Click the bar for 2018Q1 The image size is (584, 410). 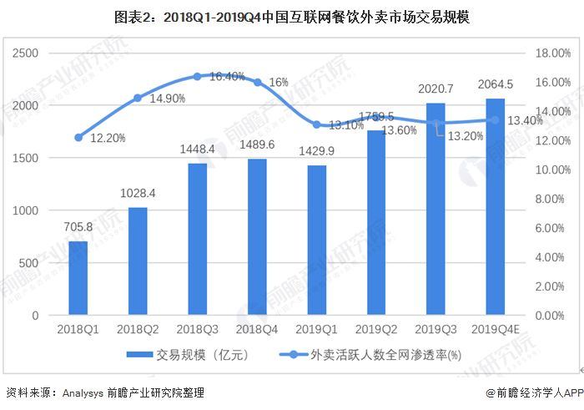[x=78, y=278]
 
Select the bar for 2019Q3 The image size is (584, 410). [x=435, y=209]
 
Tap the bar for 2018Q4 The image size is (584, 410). [x=257, y=237]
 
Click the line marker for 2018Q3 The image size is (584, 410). [x=198, y=76]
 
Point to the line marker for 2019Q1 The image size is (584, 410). [x=316, y=124]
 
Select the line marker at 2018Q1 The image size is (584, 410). [x=78, y=137]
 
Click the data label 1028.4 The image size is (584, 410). [x=138, y=194]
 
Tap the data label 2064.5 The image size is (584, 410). [x=495, y=85]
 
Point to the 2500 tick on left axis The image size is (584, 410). [x=28, y=53]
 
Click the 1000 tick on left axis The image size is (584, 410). [x=28, y=210]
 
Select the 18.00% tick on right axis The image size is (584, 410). [x=551, y=53]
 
